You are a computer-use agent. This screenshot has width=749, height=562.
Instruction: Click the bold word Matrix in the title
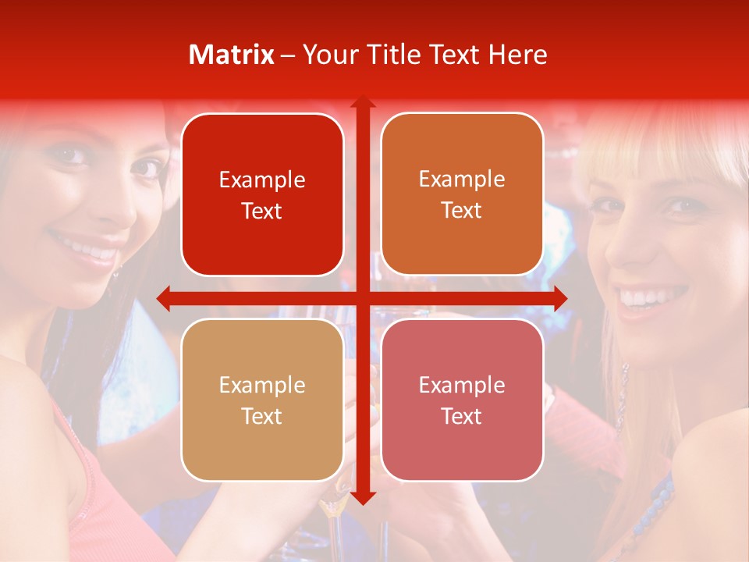coord(232,55)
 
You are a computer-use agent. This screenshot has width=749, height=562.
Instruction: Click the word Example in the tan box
coord(262,385)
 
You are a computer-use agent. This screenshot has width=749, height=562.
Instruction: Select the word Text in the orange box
coord(462,210)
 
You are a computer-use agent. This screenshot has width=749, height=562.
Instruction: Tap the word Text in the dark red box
coord(262,211)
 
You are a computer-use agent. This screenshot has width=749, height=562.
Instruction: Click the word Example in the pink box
coord(462,385)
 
